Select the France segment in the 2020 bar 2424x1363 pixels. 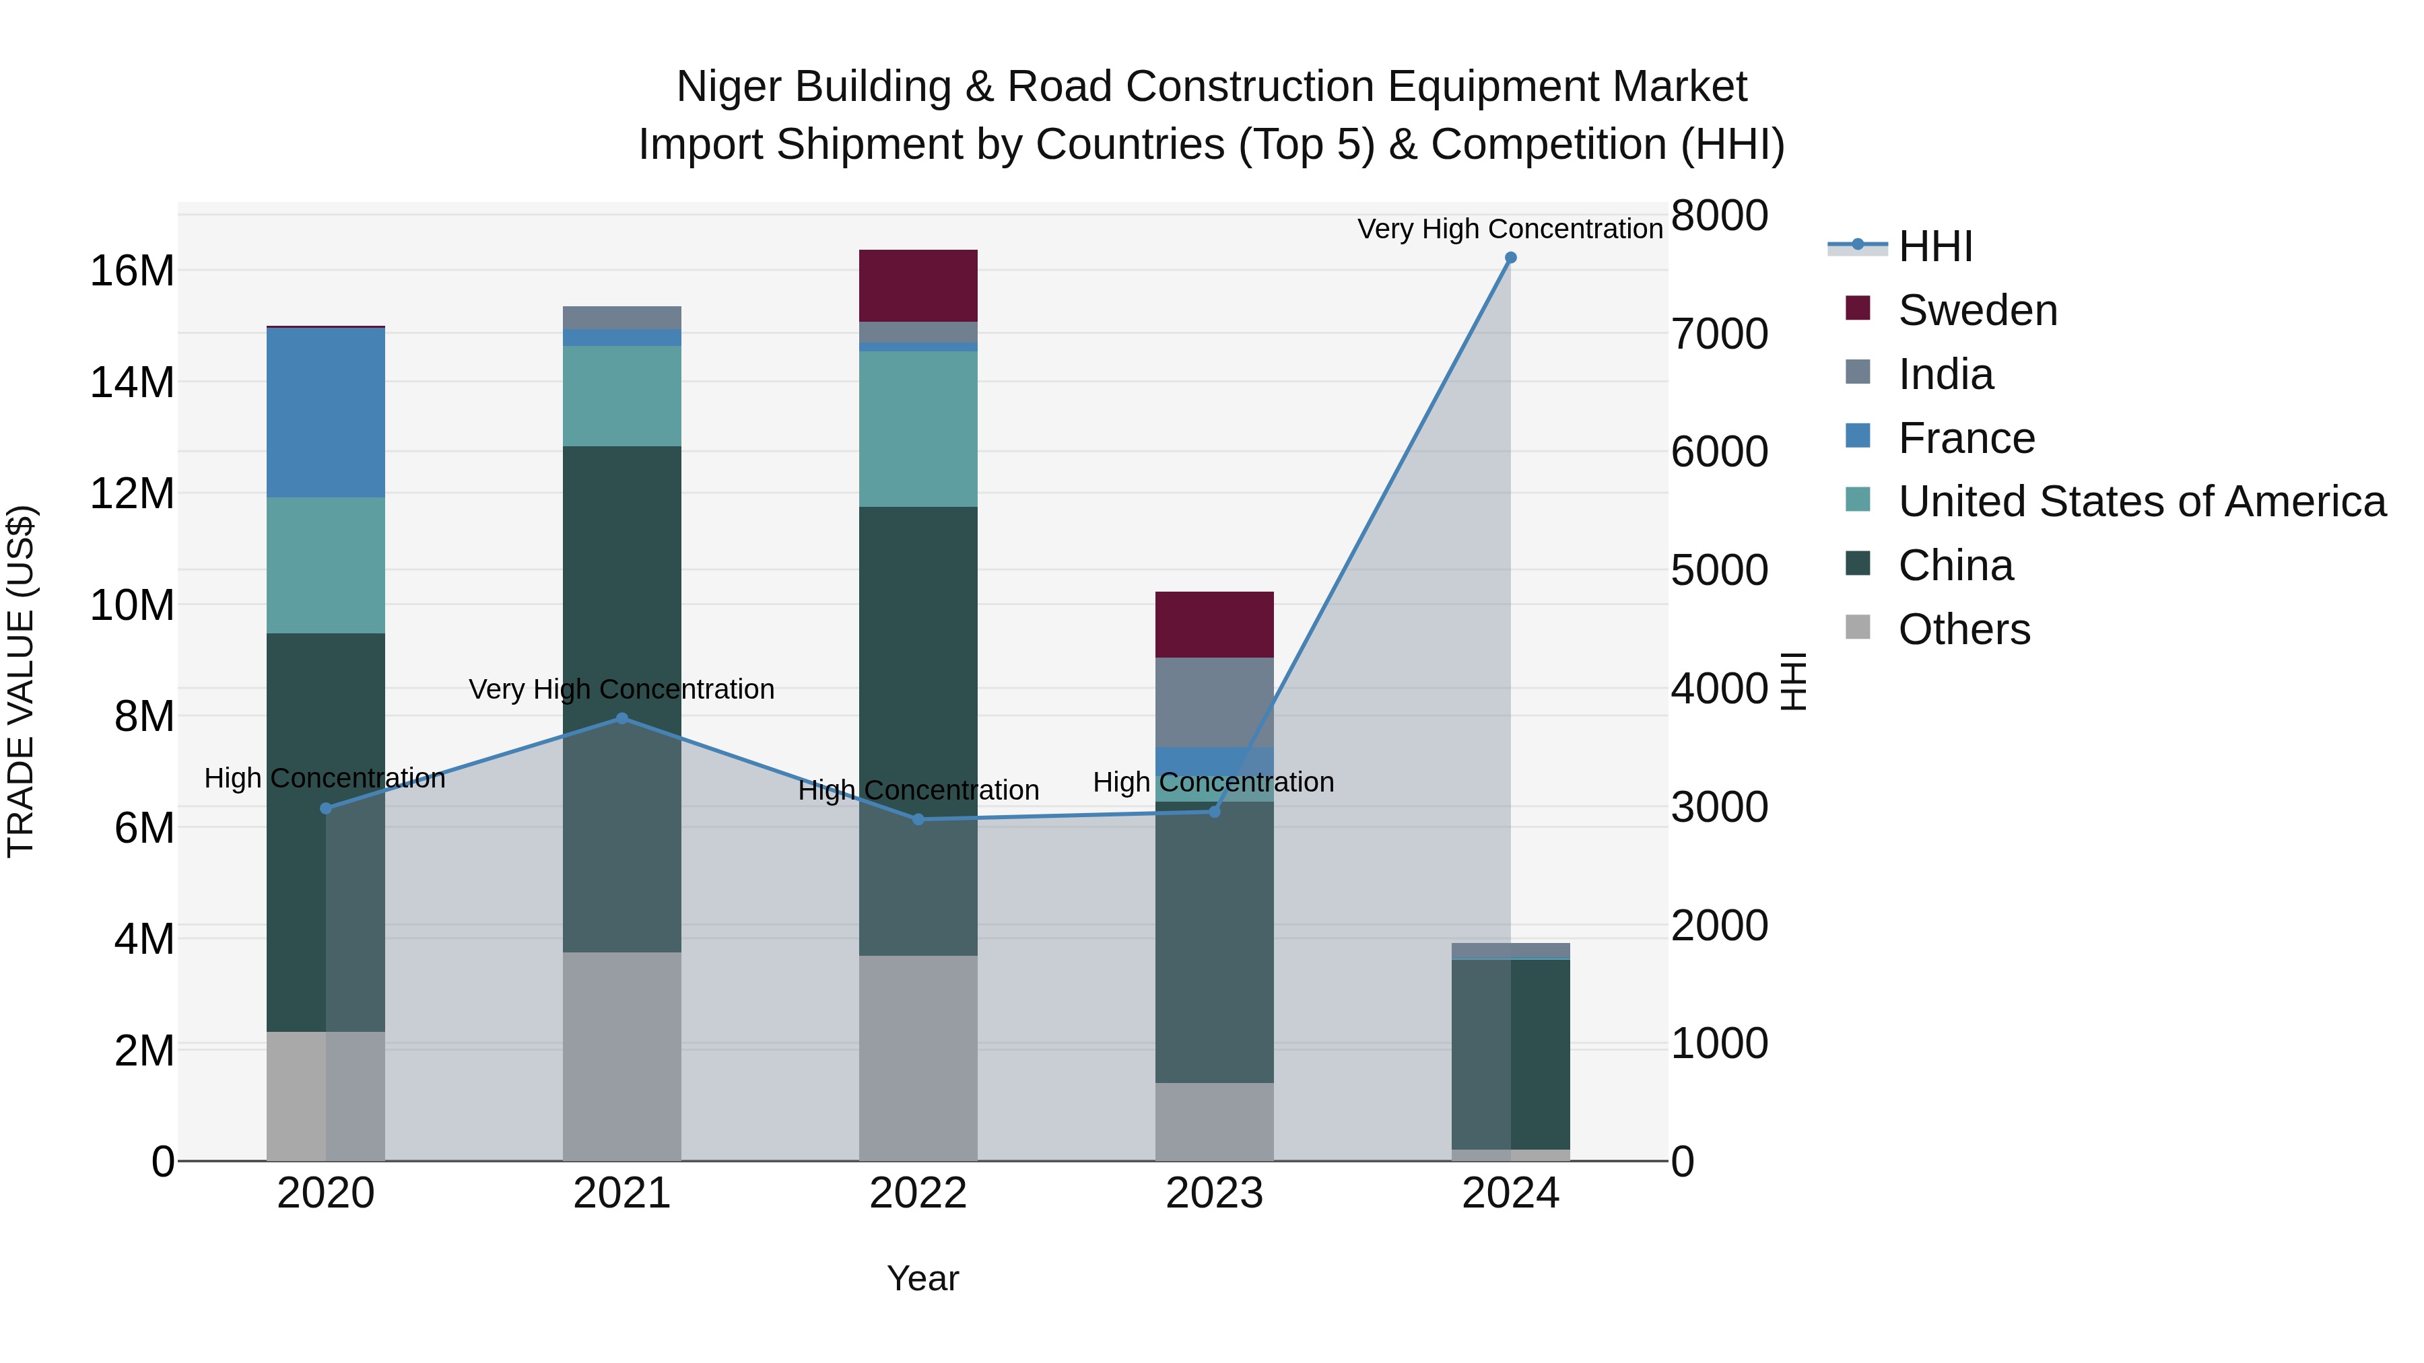click(x=326, y=412)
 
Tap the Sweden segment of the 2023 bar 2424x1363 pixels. click(x=1214, y=625)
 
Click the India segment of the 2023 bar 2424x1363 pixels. click(x=1214, y=702)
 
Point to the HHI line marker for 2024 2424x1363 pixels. click(x=1510, y=258)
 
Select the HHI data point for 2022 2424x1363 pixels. click(x=918, y=819)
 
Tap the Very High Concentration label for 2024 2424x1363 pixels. click(x=1510, y=229)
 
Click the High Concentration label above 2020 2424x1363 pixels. click(x=325, y=778)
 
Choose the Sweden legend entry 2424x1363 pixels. click(x=1977, y=310)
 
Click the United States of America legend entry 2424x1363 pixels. click(x=2141, y=501)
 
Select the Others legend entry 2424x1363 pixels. click(x=1964, y=629)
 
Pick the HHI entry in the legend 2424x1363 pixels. click(x=1934, y=246)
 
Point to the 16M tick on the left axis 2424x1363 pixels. click(x=132, y=271)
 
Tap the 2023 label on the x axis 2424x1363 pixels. click(x=1214, y=1193)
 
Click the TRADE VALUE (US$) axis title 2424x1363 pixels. click(x=21, y=681)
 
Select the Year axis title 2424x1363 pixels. click(x=922, y=1278)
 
